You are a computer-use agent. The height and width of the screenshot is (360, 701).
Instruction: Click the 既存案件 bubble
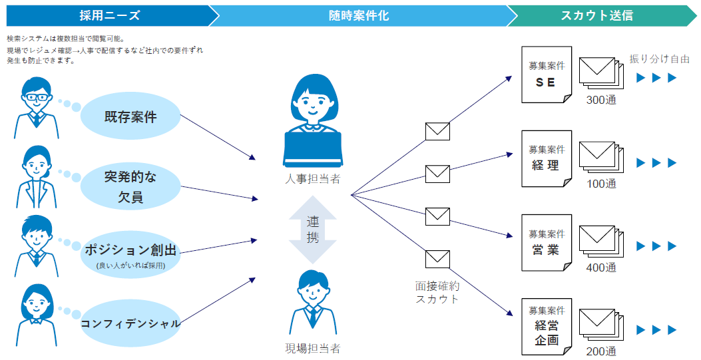pos(130,117)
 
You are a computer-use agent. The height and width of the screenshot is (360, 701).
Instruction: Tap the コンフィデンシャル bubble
pos(130,323)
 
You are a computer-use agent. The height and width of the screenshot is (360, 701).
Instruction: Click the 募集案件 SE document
pos(547,75)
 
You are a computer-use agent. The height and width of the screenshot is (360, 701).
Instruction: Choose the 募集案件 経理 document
pos(547,158)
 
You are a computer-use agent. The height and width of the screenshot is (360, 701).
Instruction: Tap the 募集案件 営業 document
pos(547,242)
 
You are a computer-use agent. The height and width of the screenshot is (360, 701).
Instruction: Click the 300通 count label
pos(601,100)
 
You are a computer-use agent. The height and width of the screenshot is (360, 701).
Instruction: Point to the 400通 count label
pos(601,268)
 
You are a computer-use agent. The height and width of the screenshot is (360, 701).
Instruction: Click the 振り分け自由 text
pos(659,59)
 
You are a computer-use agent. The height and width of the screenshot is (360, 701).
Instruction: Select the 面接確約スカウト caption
pos(437,292)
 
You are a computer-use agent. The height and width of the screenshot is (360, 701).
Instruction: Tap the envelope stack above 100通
pos(601,158)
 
